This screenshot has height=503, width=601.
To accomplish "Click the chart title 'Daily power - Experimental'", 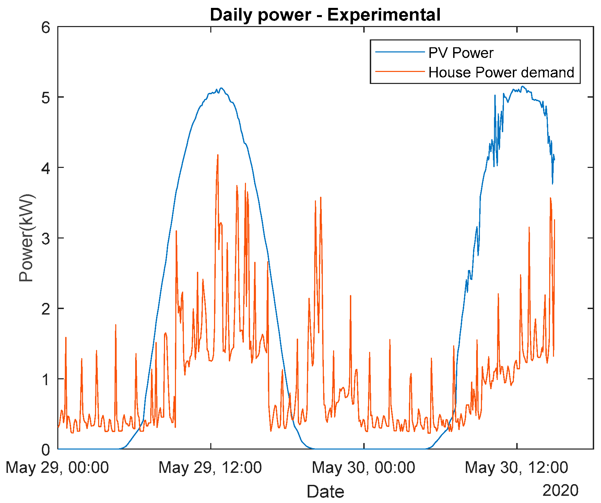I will [325, 15].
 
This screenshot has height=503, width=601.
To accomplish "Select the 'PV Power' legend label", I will [461, 53].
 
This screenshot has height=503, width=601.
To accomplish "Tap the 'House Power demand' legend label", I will [501, 72].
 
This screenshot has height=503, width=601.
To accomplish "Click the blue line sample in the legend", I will [400, 52].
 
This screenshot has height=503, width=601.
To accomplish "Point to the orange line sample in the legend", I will [400, 72].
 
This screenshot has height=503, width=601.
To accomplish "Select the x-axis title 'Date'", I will [325, 491].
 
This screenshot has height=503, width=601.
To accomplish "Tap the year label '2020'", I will [560, 490].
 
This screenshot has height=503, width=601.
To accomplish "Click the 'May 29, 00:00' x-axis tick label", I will [57, 467].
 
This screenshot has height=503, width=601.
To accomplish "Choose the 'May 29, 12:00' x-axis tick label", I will [210, 467].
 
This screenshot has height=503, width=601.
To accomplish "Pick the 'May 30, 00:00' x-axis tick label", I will [363, 467].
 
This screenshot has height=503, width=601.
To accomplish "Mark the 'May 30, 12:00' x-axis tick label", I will [516, 467].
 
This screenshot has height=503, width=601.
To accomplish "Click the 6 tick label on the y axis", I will [46, 27].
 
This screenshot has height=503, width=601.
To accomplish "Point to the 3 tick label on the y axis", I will [46, 238].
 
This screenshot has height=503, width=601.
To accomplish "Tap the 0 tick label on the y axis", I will [46, 449].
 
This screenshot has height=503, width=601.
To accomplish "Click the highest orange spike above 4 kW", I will [218, 155].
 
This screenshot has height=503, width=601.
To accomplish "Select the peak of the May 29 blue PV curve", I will [221, 88].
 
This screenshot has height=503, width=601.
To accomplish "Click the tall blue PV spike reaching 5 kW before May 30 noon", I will [495, 96].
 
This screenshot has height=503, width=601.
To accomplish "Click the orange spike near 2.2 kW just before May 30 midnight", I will [350, 296].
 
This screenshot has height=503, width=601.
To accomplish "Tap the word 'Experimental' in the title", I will [384, 15].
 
